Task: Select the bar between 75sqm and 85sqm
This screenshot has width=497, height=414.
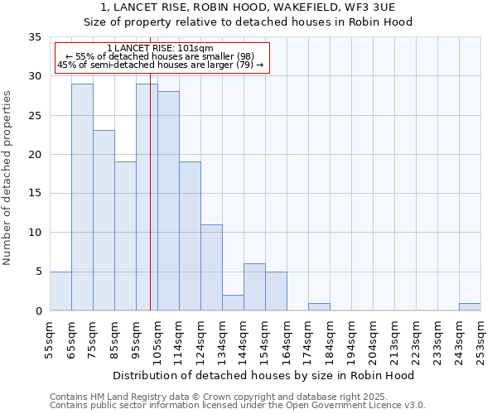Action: [x=104, y=220]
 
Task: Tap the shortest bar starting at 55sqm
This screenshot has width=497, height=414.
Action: [x=60, y=291]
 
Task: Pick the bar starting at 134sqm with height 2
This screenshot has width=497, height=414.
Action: [x=233, y=303]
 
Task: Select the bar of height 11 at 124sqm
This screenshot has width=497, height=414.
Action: [x=211, y=267]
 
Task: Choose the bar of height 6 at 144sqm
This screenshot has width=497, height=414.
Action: [x=254, y=287]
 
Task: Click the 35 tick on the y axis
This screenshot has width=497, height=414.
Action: [x=35, y=37]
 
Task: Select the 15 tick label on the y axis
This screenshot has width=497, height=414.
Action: [x=35, y=194]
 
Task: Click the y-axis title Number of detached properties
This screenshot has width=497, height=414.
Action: [x=8, y=178]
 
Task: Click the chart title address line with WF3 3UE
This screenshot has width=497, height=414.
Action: [x=248, y=7]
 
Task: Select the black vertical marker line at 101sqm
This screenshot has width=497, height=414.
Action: [x=150, y=207]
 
